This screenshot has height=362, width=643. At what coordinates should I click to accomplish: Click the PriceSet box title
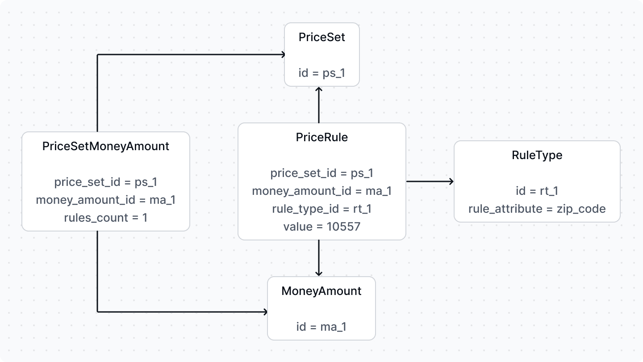click(321, 37)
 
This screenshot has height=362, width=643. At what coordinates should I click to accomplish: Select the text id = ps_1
click(321, 72)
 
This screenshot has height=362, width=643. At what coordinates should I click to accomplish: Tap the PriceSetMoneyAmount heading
click(106, 146)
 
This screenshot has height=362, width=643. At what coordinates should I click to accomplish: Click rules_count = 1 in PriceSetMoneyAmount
click(106, 218)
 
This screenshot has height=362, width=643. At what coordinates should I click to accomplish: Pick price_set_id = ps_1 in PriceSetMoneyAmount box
click(106, 182)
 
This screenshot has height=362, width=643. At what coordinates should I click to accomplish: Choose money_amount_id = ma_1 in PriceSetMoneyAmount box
click(106, 200)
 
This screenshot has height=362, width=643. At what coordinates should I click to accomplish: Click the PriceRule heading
click(321, 138)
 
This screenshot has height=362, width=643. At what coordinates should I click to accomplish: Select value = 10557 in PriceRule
click(321, 227)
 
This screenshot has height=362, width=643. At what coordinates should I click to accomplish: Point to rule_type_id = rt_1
click(321, 209)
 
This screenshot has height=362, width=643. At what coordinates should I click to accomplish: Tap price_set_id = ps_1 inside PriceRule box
click(321, 173)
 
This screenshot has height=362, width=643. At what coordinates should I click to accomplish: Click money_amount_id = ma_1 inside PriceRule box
click(321, 191)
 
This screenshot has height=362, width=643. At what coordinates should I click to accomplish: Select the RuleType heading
click(537, 155)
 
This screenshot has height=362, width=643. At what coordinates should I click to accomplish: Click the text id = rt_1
click(537, 191)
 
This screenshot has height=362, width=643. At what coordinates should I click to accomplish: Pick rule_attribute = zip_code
click(537, 209)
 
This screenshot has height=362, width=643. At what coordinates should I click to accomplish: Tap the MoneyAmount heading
click(321, 291)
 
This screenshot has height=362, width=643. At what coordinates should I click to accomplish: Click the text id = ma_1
click(321, 327)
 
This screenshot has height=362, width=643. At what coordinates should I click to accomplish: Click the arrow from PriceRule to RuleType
click(430, 181)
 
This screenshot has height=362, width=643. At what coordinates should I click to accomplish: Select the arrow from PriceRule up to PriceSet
click(319, 105)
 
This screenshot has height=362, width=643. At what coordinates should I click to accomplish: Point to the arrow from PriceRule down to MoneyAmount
click(319, 258)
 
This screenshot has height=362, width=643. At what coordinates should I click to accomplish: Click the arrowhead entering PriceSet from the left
click(282, 55)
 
